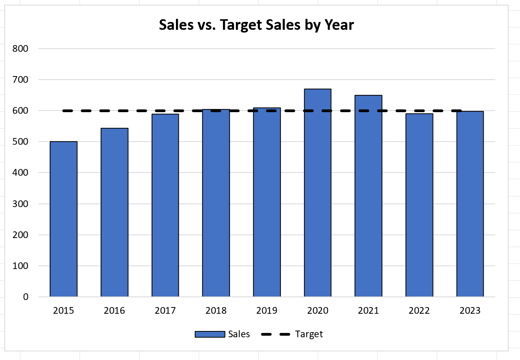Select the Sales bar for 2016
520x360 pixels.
pos(114,212)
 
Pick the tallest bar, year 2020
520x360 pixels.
pos(317,193)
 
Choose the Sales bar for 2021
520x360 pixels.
pos(368,196)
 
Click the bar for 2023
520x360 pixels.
pos(470,204)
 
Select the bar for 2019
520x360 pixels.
pos(267,202)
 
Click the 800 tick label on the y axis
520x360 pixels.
pos(20,49)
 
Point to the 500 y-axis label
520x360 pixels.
pos(20,142)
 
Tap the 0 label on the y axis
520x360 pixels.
pos(25,297)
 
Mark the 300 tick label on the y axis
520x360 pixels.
pos(20,204)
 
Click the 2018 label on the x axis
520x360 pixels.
pos(216,311)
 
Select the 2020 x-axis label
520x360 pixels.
pos(317,311)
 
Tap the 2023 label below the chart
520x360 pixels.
pos(470,311)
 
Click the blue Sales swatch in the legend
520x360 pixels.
pos(210,334)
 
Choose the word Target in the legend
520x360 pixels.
pos(309,334)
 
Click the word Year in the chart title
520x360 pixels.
pos(339,25)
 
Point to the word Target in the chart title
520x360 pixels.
pos(241,25)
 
